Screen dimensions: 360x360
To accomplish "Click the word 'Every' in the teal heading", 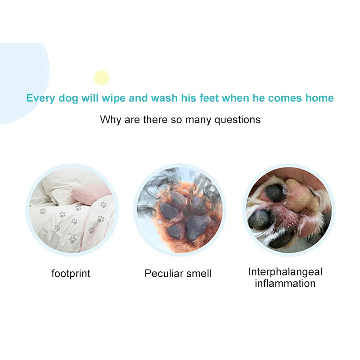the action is [41, 98].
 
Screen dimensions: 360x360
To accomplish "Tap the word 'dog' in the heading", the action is [68, 98].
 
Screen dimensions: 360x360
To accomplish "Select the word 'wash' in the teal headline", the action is [164, 98].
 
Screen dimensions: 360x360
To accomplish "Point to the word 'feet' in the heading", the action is [209, 98].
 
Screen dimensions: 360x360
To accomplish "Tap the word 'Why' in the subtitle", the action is [110, 120].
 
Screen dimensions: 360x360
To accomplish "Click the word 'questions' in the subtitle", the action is [238, 120].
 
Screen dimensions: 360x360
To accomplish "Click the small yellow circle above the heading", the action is [102, 77].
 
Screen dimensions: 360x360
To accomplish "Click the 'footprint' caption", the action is [71, 274].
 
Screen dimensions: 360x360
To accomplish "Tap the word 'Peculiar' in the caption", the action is [164, 274].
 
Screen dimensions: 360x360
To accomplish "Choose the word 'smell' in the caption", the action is [198, 274].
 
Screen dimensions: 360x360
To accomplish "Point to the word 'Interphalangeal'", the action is [285, 272].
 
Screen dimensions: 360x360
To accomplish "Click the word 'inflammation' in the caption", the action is [285, 283].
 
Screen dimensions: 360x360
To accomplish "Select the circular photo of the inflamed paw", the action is [289, 210].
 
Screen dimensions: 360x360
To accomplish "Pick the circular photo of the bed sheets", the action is [72, 210].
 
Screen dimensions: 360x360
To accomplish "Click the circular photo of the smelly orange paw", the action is [180, 210].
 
